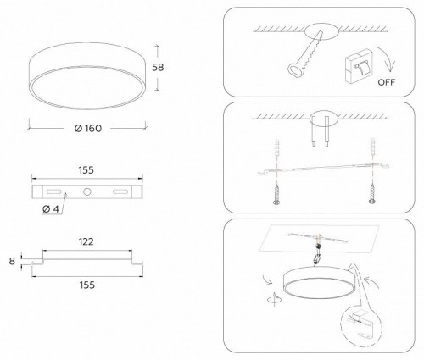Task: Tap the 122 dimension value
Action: point(85,241)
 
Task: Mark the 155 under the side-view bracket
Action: point(85,287)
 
